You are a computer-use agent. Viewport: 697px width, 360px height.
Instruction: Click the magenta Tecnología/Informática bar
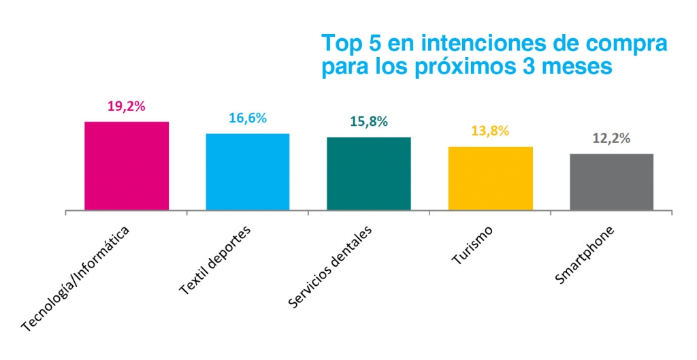pos(127,166)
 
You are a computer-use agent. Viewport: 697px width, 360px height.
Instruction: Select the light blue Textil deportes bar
pos(248,171)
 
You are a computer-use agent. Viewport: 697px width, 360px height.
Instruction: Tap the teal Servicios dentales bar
pos(369,174)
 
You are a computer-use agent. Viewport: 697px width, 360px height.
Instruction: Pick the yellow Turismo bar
pos(490,178)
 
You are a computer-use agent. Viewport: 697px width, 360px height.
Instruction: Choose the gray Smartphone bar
pos(612,182)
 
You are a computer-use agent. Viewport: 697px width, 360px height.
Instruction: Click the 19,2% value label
pos(126,107)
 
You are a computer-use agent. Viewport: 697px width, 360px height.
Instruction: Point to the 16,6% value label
pos(248,118)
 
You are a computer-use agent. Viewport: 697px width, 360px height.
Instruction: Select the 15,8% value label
pos(369,122)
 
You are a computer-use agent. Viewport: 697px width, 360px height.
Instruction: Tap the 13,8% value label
pos(490,131)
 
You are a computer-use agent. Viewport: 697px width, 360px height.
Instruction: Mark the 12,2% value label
pos(612,138)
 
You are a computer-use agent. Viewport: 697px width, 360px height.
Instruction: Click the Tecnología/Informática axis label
pos(76,279)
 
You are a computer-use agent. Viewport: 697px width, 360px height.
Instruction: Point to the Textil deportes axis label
pos(215,260)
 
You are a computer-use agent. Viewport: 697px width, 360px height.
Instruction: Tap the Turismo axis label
pos(472,246)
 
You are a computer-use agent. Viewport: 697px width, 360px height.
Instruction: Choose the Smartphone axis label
pos(585,255)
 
